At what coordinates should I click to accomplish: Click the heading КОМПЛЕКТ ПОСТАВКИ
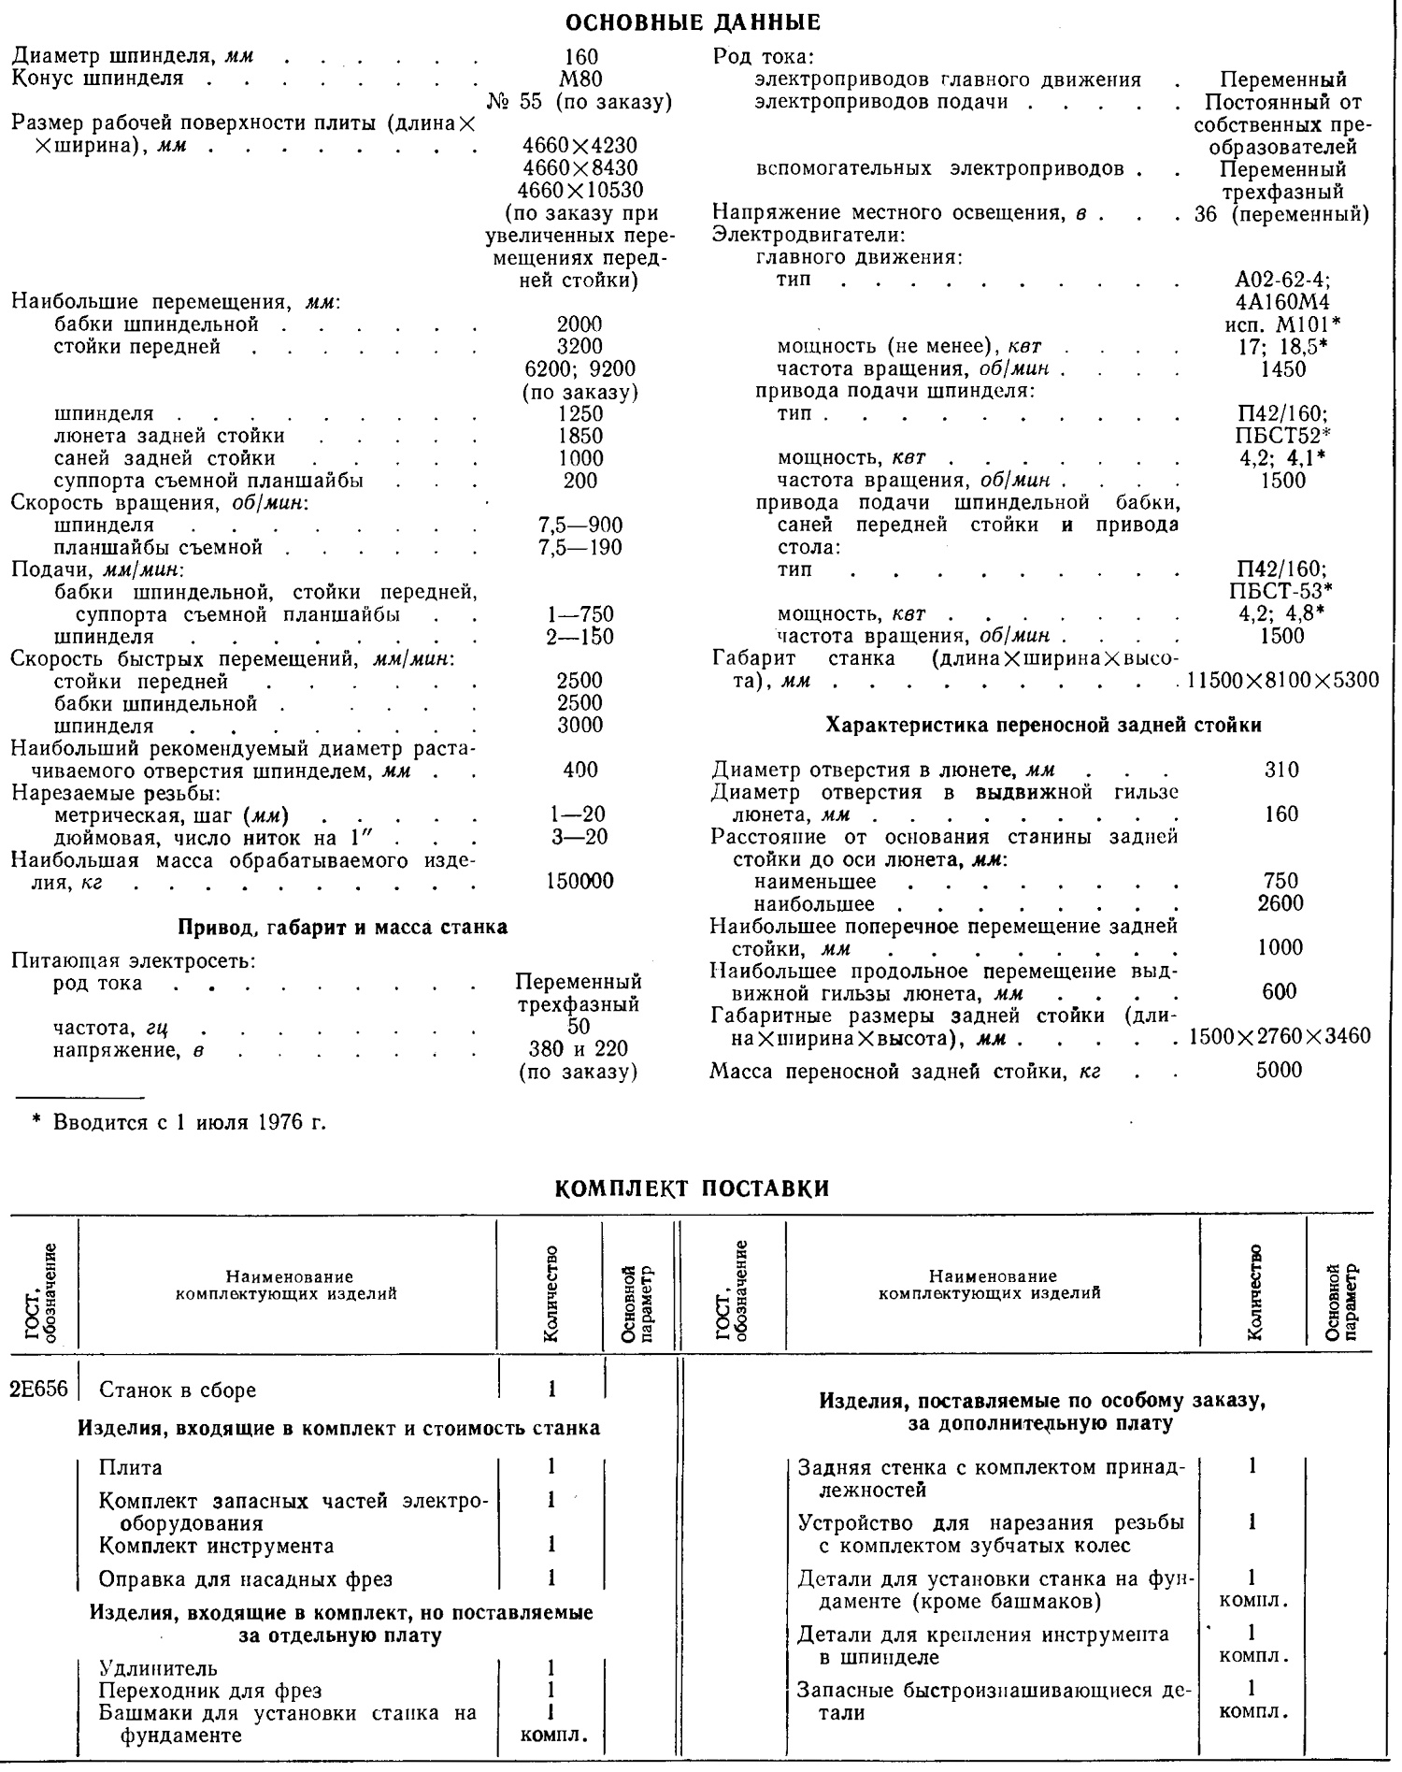click(x=692, y=1189)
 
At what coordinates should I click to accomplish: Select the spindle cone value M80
click(x=579, y=79)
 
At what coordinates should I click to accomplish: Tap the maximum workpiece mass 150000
click(x=579, y=881)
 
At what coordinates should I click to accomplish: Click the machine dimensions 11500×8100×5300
click(x=1282, y=681)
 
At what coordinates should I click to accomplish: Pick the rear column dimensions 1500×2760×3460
click(x=1280, y=1037)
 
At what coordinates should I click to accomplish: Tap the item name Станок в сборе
click(x=178, y=1390)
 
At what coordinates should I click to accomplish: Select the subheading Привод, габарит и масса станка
click(x=342, y=928)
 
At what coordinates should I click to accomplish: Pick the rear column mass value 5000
click(x=1279, y=1070)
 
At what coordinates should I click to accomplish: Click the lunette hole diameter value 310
click(x=1280, y=771)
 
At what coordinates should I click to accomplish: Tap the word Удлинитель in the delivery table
click(x=158, y=1668)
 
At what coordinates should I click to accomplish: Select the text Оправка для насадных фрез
click(x=246, y=1579)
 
